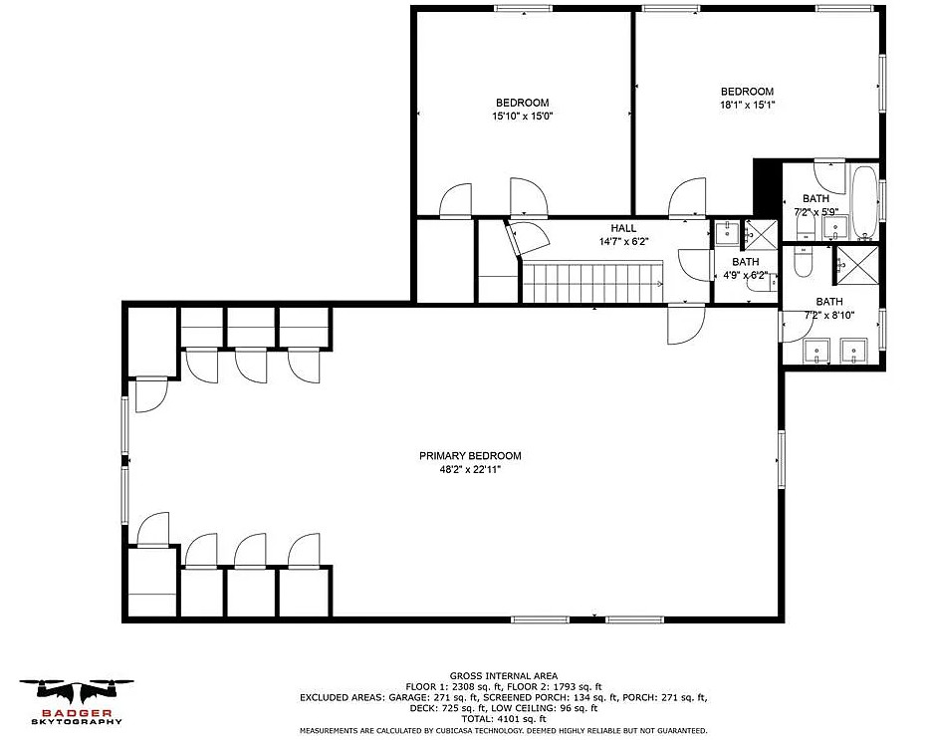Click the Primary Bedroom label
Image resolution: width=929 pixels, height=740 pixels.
pyautogui.click(x=470, y=455)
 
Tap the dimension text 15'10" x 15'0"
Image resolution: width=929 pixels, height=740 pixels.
pyautogui.click(x=522, y=117)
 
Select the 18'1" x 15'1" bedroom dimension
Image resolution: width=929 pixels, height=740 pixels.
pyautogui.click(x=747, y=105)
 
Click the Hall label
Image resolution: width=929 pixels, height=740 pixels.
pyautogui.click(x=623, y=228)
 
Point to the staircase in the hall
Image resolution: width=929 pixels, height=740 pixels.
pyautogui.click(x=592, y=282)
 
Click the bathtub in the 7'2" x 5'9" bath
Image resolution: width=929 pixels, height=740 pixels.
pyautogui.click(x=864, y=201)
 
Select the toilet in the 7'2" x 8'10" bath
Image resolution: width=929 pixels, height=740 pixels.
pyautogui.click(x=803, y=263)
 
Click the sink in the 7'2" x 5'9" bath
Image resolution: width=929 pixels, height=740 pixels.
pyautogui.click(x=835, y=227)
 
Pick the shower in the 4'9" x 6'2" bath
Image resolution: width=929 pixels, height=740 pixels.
pyautogui.click(x=760, y=235)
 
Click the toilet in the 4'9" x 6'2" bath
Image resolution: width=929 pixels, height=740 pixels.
pyautogui.click(x=762, y=285)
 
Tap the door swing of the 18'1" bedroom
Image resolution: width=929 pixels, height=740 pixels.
pyautogui.click(x=687, y=198)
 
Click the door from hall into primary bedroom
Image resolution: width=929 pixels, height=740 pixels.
pyautogui.click(x=686, y=324)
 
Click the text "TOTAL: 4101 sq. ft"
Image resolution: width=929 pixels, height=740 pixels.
pyautogui.click(x=504, y=719)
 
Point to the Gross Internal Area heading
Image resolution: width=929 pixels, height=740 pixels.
pyautogui.click(x=504, y=675)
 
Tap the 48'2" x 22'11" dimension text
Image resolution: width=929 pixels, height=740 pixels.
pyautogui.click(x=470, y=470)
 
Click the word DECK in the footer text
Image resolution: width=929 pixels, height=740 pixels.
pyautogui.click(x=422, y=708)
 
